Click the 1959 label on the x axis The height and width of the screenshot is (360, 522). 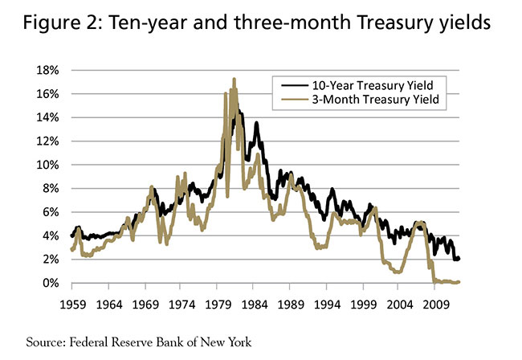pyautogui.click(x=72, y=305)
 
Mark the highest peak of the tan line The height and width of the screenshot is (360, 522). pyautogui.click(x=234, y=79)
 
